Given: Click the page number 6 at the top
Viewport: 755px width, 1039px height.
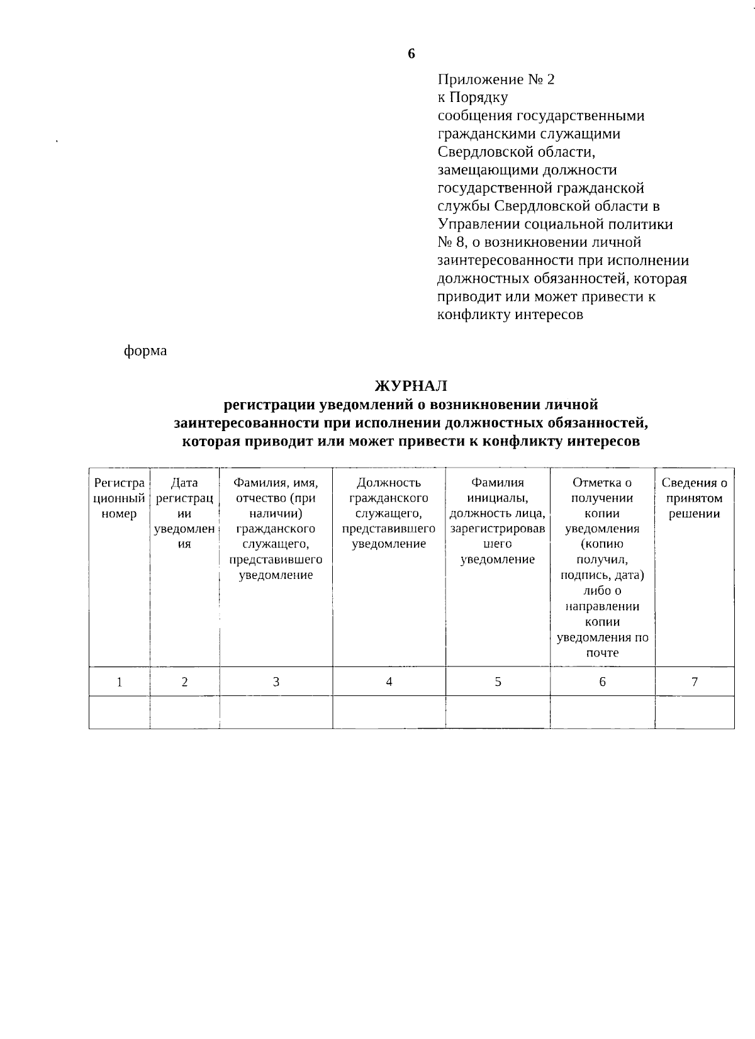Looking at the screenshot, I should click(411, 53).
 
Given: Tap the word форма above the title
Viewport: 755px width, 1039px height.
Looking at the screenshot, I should click(145, 351).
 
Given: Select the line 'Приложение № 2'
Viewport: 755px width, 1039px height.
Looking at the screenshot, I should click(496, 80).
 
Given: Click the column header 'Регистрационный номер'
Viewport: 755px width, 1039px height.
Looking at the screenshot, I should click(119, 498).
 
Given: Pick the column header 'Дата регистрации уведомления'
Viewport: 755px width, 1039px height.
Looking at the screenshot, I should click(184, 514).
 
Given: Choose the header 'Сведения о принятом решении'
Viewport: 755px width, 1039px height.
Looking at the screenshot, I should click(694, 498).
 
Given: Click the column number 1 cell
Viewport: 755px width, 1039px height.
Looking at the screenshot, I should click(119, 682).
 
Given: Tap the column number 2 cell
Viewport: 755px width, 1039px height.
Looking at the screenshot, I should click(184, 682).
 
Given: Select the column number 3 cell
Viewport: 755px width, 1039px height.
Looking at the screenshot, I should click(276, 682).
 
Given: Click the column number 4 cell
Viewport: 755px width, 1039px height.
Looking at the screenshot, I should click(389, 682).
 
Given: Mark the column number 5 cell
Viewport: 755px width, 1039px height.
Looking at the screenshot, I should click(498, 682).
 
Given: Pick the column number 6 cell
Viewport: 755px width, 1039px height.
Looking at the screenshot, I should click(602, 682).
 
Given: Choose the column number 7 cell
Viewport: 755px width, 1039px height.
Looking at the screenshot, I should click(695, 682).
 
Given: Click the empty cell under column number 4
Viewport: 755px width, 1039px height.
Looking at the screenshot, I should click(389, 712).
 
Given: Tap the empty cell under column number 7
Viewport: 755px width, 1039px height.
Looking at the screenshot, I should click(695, 712).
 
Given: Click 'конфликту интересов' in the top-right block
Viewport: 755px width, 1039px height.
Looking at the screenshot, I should click(510, 315).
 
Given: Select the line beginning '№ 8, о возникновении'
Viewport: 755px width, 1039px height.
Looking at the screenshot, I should click(539, 242).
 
